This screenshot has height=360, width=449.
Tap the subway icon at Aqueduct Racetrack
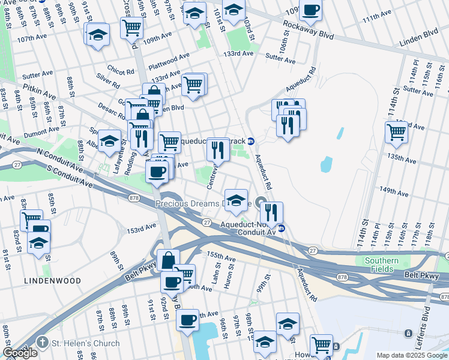pos(251,141)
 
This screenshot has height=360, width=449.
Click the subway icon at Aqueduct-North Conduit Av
pos(281,228)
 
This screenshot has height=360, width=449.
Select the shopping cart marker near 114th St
pos(396,132)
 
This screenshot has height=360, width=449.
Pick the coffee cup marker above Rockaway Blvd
pos(310,10)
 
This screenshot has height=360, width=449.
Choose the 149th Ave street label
pos(394,191)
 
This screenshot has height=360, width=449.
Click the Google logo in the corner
pos(20,353)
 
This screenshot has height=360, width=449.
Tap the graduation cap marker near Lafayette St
pos(109,141)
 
